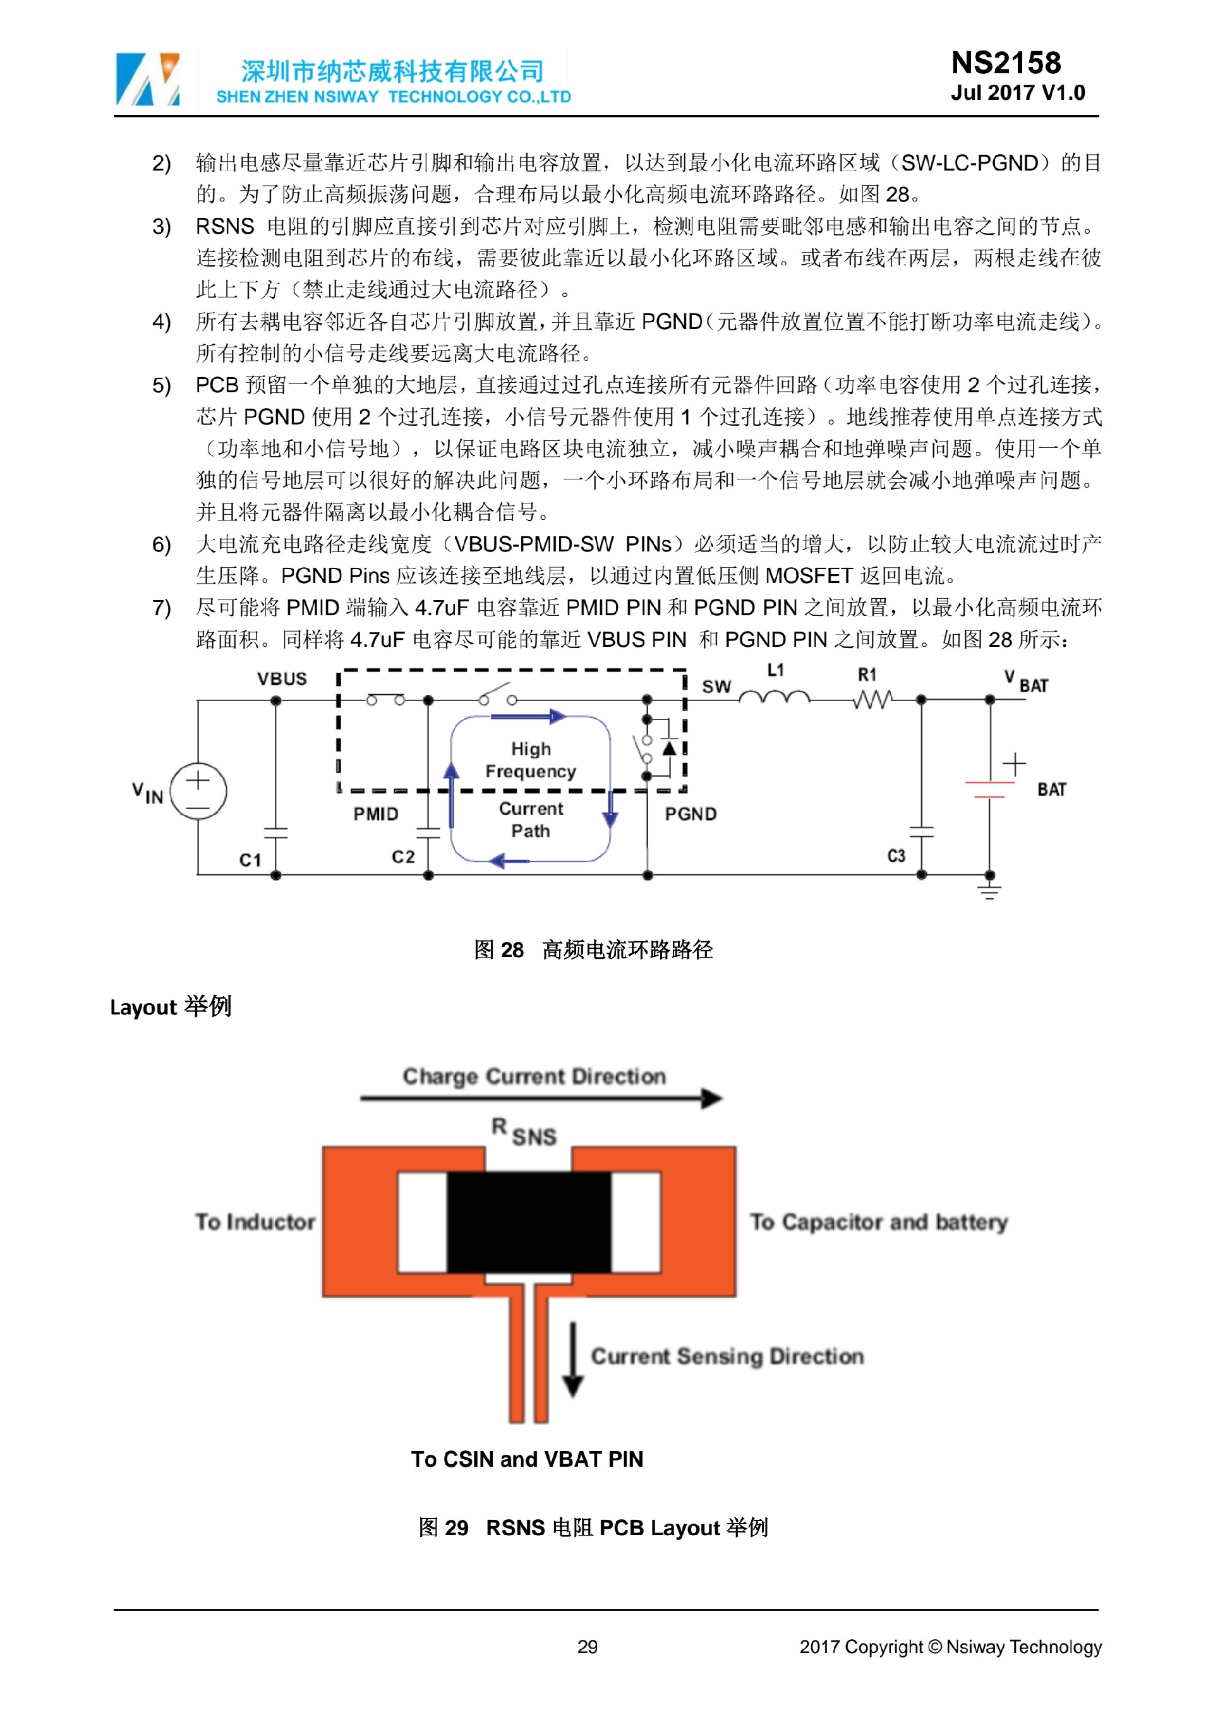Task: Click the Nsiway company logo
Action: (x=147, y=78)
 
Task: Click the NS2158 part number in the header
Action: (x=1005, y=63)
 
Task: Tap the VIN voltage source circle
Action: (x=198, y=791)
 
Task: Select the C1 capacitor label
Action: (x=250, y=860)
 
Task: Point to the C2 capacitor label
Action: (x=402, y=856)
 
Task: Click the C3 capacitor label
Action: (x=896, y=856)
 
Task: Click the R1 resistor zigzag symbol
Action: (x=872, y=699)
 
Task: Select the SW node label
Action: (x=716, y=687)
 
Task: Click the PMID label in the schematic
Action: (x=376, y=814)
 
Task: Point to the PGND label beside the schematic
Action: (x=690, y=814)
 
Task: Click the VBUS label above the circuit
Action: (x=282, y=678)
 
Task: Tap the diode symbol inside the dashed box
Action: (x=669, y=747)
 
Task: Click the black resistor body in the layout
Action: (x=529, y=1222)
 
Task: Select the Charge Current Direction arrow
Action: (x=541, y=1098)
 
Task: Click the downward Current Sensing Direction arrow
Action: (x=573, y=1359)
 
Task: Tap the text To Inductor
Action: (x=255, y=1222)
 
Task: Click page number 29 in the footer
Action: (x=587, y=1646)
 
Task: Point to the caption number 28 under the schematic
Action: (x=512, y=949)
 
